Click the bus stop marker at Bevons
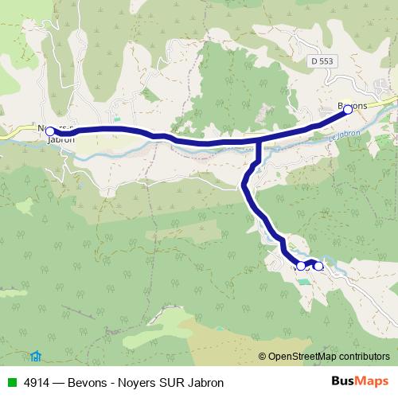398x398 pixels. (348, 111)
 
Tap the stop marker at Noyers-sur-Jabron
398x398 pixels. (50, 131)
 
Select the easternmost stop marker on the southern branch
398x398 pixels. (319, 266)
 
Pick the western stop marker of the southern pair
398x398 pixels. (301, 265)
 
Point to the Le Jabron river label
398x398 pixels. (345, 135)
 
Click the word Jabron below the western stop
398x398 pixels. (61, 139)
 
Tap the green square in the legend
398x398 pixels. (10, 382)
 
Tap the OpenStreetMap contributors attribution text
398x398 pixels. (329, 357)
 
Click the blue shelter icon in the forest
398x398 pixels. (35, 355)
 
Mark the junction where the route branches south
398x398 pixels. (258, 142)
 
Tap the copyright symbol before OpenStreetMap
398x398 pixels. (263, 357)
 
